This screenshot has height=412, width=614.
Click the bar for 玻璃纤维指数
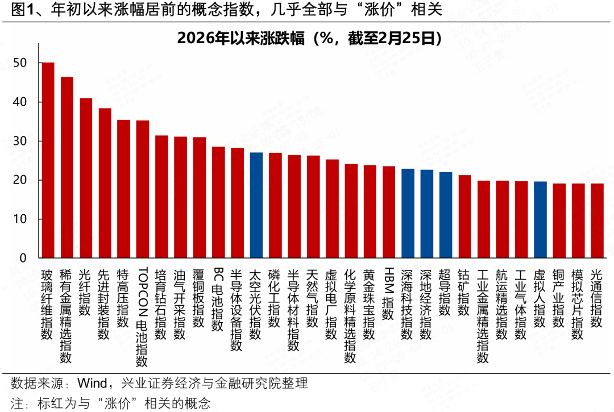pyautogui.click(x=48, y=160)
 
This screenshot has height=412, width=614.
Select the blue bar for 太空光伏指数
pyautogui.click(x=256, y=205)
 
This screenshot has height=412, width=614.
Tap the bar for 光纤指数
pyautogui.click(x=86, y=178)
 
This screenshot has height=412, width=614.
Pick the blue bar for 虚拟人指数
pyautogui.click(x=540, y=219)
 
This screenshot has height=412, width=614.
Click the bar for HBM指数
pyautogui.click(x=389, y=212)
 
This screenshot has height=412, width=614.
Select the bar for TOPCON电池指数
pyautogui.click(x=143, y=189)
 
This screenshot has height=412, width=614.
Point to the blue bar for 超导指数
pyautogui.click(x=446, y=215)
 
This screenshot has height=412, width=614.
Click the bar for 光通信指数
pyautogui.click(x=597, y=220)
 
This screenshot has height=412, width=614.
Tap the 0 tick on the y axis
pyautogui.click(x=23, y=258)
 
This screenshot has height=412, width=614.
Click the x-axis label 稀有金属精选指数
pyautogui.click(x=67, y=315)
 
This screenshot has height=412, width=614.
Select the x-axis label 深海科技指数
pyautogui.click(x=408, y=303)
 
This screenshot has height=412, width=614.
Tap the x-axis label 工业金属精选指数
pyautogui.click(x=483, y=315)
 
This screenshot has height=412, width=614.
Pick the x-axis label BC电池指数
pyautogui.click(x=218, y=299)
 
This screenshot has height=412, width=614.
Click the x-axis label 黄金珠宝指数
pyautogui.click(x=370, y=303)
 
